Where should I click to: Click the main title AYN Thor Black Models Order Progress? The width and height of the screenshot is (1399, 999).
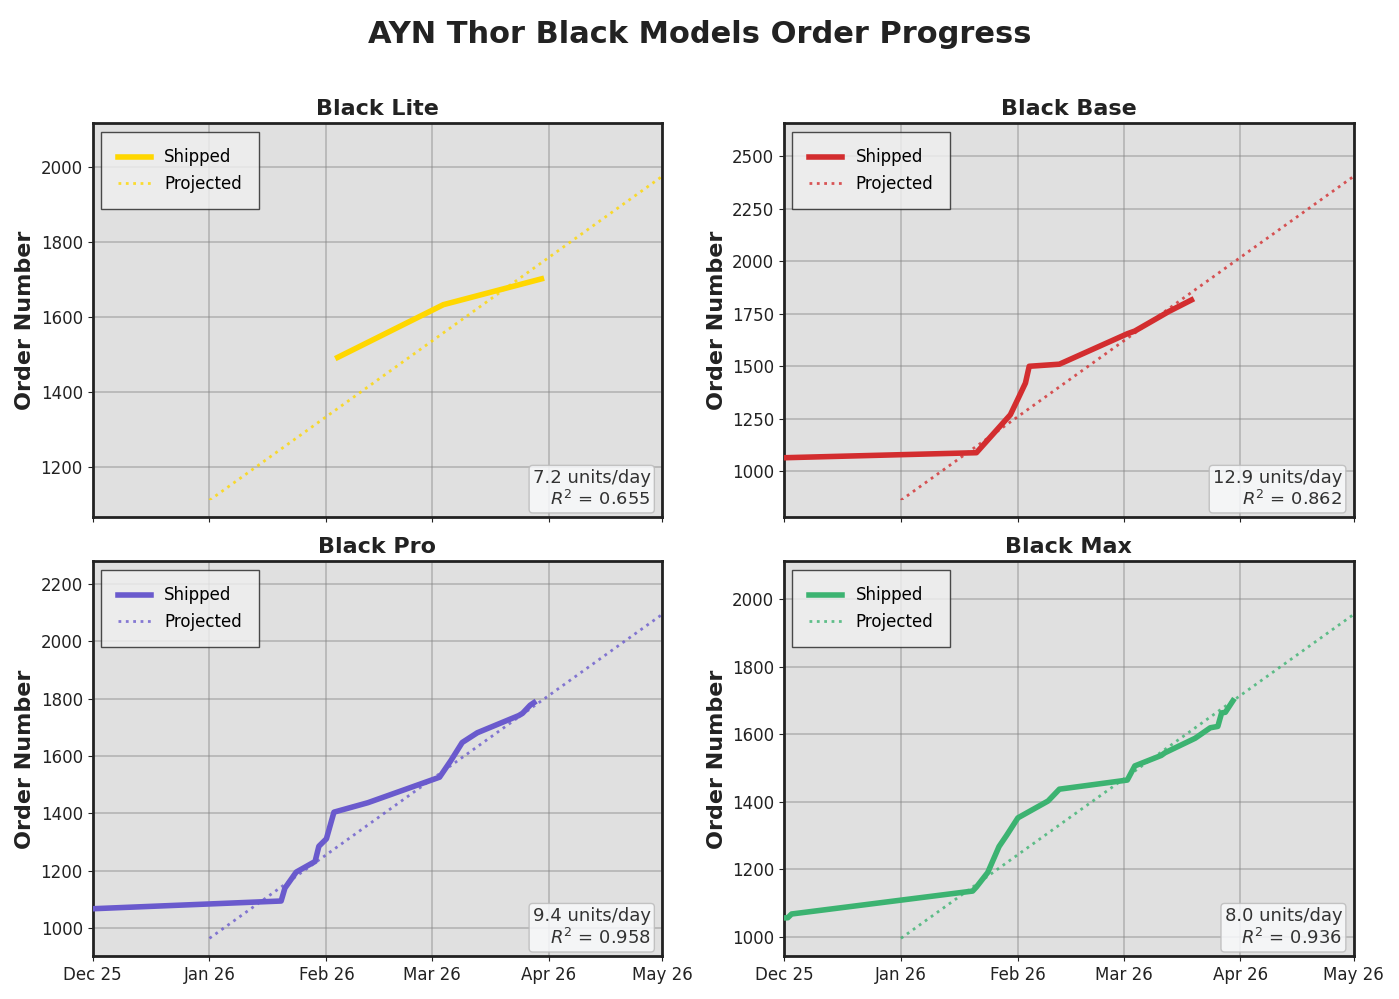click(x=699, y=33)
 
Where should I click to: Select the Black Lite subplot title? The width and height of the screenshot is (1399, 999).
click(x=377, y=108)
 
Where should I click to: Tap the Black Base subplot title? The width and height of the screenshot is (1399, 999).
click(x=1068, y=108)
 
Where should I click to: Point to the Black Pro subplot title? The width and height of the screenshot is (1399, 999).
click(x=377, y=546)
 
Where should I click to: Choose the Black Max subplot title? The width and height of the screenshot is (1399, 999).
click(x=1068, y=546)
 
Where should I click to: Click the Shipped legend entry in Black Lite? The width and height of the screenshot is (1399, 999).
click(x=196, y=156)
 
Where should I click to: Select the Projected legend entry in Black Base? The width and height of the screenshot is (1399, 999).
click(x=893, y=183)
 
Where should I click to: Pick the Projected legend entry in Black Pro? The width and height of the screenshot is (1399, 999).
click(x=202, y=621)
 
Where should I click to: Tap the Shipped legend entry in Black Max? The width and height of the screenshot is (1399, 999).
click(x=888, y=594)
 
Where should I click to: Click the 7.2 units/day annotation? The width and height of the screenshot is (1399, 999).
click(x=591, y=477)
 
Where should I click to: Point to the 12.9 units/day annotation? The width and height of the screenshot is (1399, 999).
click(x=1277, y=477)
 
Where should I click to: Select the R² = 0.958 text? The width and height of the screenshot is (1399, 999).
click(x=600, y=938)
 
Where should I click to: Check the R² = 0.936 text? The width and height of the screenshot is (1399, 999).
click(x=1291, y=938)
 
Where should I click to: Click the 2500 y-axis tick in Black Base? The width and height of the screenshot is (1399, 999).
click(x=752, y=156)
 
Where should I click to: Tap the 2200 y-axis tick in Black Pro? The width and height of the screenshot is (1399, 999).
click(x=61, y=584)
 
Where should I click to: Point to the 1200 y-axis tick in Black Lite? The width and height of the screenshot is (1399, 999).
click(x=61, y=467)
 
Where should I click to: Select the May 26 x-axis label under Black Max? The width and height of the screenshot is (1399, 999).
click(x=1354, y=974)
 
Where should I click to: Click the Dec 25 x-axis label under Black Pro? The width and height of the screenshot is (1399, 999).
click(x=93, y=974)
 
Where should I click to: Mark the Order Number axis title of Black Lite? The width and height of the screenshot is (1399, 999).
click(x=24, y=320)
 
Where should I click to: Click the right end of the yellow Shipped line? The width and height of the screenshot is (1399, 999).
click(x=542, y=278)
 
